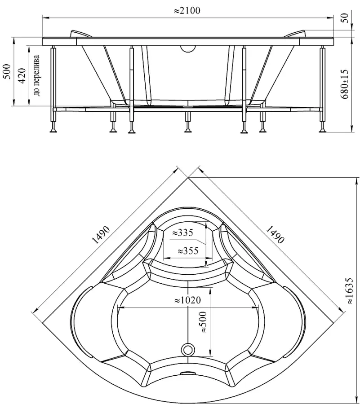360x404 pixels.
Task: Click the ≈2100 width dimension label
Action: [187, 11]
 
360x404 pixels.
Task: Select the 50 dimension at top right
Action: [346, 18]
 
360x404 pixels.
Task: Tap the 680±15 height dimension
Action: [345, 84]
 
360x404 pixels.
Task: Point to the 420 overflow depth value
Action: [22, 75]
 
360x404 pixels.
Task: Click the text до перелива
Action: [36, 75]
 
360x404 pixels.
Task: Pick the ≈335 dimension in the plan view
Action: [182, 233]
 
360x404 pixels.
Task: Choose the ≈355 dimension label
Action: [188, 250]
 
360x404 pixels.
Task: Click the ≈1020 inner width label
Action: [187, 300]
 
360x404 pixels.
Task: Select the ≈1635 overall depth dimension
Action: [349, 290]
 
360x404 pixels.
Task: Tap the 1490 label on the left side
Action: [101, 235]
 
